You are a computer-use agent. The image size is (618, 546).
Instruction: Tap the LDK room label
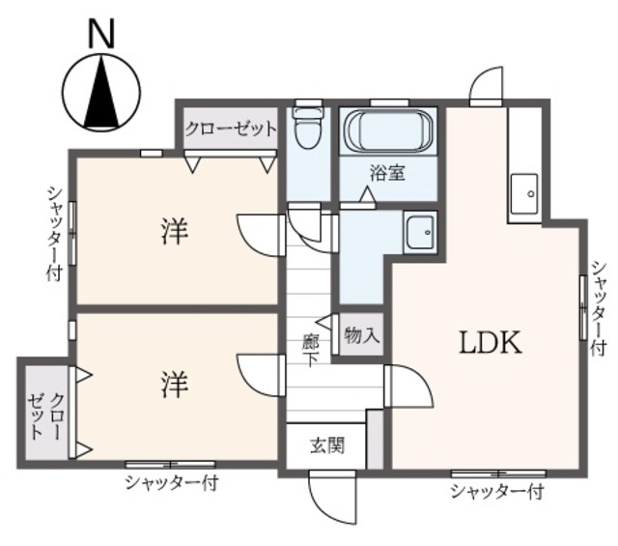click(491, 342)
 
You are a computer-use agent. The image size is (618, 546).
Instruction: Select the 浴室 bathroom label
click(388, 172)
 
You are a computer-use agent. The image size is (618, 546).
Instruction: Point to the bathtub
click(388, 129)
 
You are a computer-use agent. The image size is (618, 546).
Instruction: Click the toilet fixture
click(307, 128)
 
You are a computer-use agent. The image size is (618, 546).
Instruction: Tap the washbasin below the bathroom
click(420, 232)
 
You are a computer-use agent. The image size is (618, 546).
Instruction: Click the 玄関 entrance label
click(327, 445)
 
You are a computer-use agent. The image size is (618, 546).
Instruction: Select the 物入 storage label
click(362, 335)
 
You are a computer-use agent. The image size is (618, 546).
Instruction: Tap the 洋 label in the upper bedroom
click(175, 231)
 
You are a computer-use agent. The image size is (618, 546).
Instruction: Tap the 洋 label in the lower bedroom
click(175, 385)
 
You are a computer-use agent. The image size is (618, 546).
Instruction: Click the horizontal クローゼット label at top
click(231, 129)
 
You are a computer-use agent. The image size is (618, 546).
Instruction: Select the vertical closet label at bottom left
click(44, 416)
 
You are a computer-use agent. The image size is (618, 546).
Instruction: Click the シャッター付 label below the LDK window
click(497, 492)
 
